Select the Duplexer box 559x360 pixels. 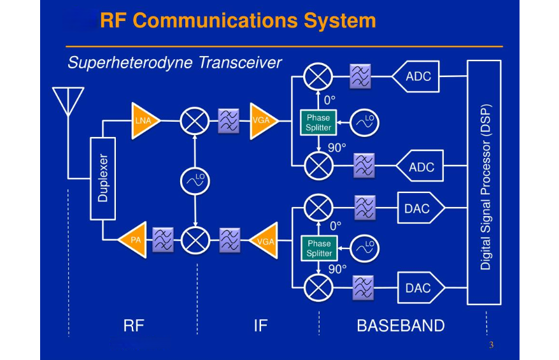103,178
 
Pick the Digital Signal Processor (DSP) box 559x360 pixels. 485,182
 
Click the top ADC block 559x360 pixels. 416,76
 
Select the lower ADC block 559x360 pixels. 419,167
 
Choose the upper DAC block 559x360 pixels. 419,208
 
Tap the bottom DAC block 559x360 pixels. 419,288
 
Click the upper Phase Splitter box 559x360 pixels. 318,122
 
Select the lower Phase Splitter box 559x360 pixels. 319,248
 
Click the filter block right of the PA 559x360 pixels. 163,240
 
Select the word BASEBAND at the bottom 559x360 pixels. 400,326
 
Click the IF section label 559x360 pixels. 260,326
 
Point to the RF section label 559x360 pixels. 134,326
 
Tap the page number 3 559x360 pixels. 491,345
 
